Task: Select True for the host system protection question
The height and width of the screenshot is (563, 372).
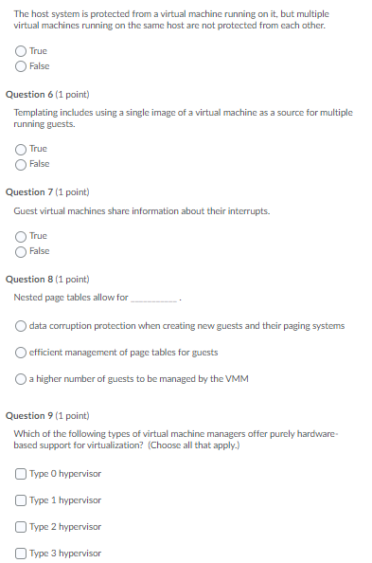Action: tap(22, 50)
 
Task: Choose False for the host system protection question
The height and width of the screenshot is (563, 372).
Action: tap(22, 65)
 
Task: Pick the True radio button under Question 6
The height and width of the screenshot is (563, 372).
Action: tap(22, 149)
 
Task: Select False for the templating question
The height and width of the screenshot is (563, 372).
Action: tap(22, 164)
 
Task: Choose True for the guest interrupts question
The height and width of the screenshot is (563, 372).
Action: tap(22, 235)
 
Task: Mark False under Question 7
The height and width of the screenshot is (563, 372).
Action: tap(22, 251)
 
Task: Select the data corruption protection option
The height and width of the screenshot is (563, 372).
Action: tap(22, 326)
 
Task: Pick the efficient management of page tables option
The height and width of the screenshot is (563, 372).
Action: tap(22, 353)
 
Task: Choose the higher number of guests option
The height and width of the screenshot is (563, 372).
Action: tap(22, 379)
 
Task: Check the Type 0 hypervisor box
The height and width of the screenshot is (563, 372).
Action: tap(22, 474)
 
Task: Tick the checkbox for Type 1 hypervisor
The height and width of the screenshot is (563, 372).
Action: tap(22, 500)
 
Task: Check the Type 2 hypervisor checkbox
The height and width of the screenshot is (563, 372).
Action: tap(22, 527)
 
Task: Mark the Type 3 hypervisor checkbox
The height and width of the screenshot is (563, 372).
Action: tap(22, 554)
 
